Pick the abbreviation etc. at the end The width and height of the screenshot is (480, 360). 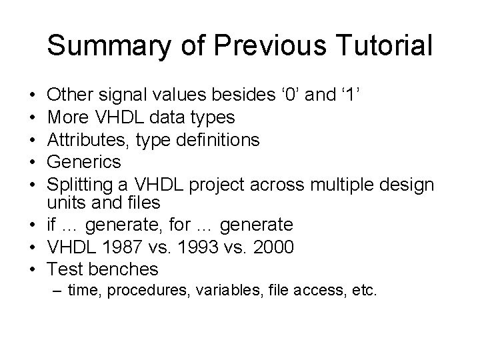coord(365,291)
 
